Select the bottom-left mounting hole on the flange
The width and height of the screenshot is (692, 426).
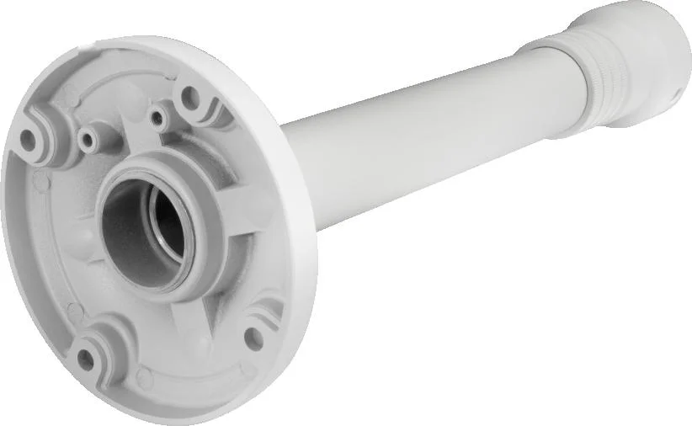pyautogui.click(x=85, y=357)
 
